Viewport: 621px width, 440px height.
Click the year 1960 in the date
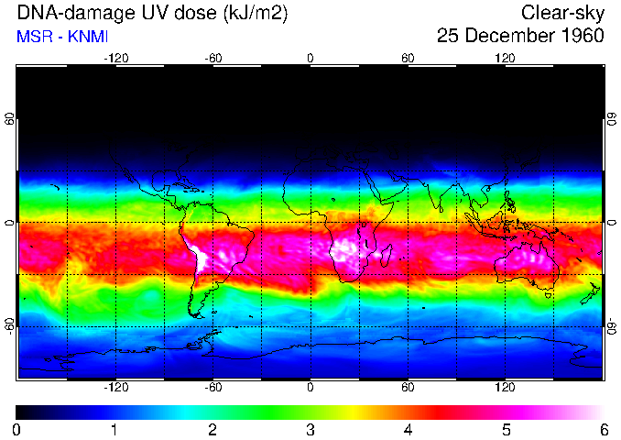coord(582,37)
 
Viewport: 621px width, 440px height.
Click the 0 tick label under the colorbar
coord(17,429)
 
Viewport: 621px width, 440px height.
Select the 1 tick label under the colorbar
coord(114,429)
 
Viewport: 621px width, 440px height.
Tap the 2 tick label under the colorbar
coord(212,429)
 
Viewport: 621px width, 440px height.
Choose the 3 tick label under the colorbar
coord(310,429)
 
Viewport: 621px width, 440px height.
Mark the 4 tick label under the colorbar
coord(408,429)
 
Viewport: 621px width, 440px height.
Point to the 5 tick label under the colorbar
coord(506,429)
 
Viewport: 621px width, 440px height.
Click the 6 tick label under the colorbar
coord(603,429)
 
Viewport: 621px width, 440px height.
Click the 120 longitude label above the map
coord(505,58)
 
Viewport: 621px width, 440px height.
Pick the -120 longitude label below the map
coord(115,387)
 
